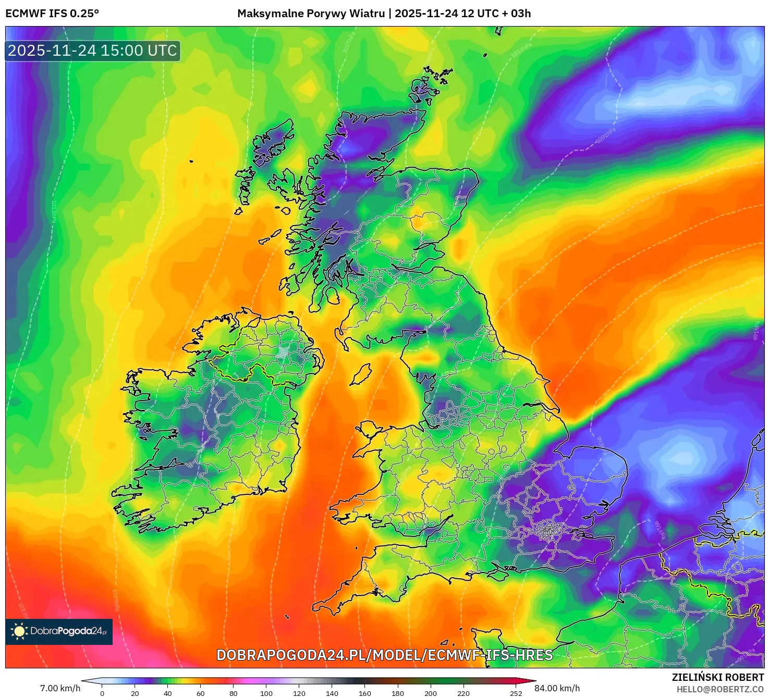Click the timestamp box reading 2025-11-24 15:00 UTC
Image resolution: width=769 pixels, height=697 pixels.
coord(93,51)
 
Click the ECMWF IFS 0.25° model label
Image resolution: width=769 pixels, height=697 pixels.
coord(52,14)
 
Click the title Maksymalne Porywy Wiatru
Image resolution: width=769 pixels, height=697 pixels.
coord(311,14)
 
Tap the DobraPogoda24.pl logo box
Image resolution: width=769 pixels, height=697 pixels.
coord(59,631)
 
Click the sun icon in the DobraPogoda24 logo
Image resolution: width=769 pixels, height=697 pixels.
coord(20,631)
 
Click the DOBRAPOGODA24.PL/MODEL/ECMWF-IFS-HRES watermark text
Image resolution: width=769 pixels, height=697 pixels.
coord(384,655)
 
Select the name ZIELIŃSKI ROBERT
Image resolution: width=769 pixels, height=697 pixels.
coord(717,677)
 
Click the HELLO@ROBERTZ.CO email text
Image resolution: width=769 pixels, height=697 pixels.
coord(720,689)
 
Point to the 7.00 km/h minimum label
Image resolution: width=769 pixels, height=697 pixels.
coord(60,688)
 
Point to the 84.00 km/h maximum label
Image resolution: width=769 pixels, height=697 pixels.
coord(557,688)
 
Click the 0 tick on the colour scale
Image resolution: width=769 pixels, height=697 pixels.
coord(102,693)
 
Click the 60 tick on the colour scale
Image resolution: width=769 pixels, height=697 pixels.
coord(201,693)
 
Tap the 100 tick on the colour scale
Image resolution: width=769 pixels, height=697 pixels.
coord(266,693)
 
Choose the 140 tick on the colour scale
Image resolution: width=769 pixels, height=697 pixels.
coord(332,693)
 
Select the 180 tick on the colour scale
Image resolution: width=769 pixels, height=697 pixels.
coord(398,693)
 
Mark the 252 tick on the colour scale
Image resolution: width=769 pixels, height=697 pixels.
coord(516,693)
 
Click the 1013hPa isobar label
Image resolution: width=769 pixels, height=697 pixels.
coord(53,211)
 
